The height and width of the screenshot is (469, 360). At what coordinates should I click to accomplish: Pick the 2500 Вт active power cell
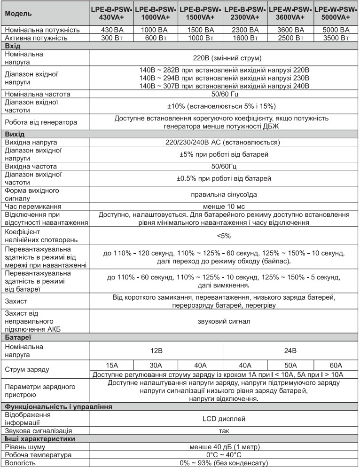pyautogui.click(x=290, y=38)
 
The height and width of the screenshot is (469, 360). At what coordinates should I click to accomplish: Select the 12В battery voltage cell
pyautogui.click(x=156, y=350)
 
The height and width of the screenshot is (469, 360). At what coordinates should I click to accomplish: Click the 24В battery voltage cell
pyautogui.click(x=290, y=350)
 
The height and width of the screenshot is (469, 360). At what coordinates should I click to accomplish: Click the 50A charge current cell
pyautogui.click(x=290, y=365)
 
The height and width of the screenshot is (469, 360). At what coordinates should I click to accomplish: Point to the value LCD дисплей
pyautogui.click(x=224, y=418)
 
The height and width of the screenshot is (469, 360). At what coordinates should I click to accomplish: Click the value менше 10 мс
pyautogui.click(x=224, y=207)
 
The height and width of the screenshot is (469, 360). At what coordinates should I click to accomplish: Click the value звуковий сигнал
pyautogui.click(x=224, y=322)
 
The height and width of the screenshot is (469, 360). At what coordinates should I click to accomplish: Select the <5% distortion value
pyautogui.click(x=224, y=235)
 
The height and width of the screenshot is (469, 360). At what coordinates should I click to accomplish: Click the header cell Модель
pyautogui.click(x=18, y=13)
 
